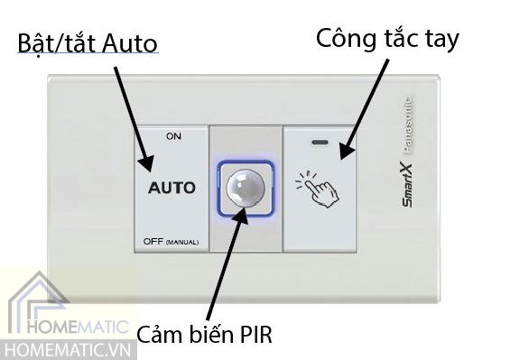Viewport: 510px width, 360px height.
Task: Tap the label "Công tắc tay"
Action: click(x=387, y=38)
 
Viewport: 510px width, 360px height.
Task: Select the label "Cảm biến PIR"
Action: click(x=204, y=336)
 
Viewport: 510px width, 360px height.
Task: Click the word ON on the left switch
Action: click(x=173, y=136)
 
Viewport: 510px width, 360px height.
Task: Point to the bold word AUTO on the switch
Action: click(x=172, y=189)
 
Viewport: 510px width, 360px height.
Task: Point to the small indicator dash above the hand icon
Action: click(x=320, y=143)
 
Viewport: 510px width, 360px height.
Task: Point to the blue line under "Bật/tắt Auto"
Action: click(x=87, y=59)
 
